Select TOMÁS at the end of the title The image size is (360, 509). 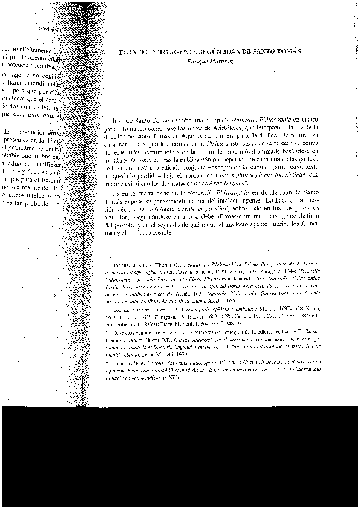284,53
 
